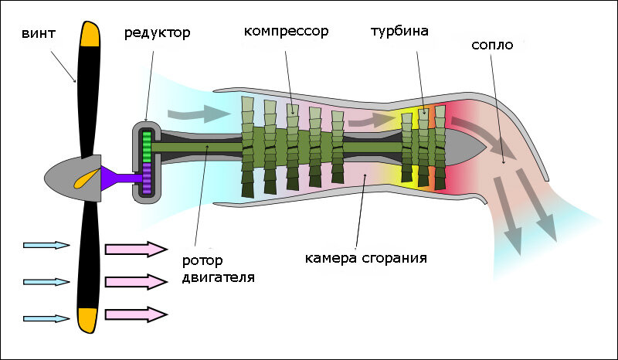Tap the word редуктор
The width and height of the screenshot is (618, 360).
click(x=157, y=33)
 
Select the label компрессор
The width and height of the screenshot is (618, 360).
click(x=286, y=32)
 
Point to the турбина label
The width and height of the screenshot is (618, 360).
click(x=399, y=32)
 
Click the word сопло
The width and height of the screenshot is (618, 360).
click(x=492, y=46)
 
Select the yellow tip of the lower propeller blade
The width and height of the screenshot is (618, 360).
click(x=87, y=318)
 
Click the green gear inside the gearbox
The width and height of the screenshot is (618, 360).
click(x=146, y=147)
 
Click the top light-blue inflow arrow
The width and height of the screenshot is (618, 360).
click(x=46, y=245)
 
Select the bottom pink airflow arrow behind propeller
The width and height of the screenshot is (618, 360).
click(x=136, y=314)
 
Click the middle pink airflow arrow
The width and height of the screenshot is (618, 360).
click(x=136, y=281)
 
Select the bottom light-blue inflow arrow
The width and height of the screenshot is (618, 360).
click(x=46, y=318)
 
